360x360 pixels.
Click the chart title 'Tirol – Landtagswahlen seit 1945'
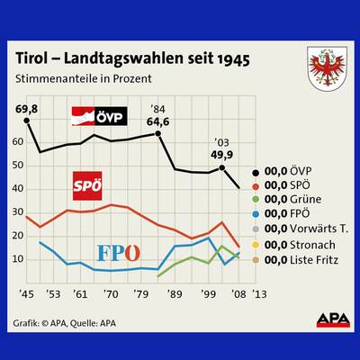click(x=133, y=58)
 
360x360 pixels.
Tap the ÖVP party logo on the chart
click(x=99, y=116)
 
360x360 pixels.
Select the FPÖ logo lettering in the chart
click(x=117, y=251)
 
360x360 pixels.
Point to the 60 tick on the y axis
click(x=18, y=142)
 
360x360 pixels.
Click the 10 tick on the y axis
click(x=18, y=259)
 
